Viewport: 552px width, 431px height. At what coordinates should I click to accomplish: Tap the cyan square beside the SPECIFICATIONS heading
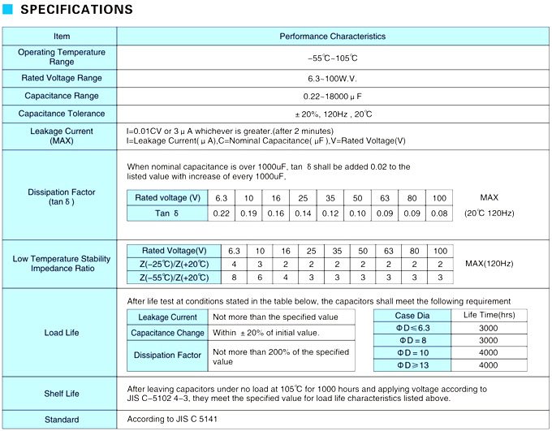pos(8,11)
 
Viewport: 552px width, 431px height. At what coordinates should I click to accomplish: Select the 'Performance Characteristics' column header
pos(333,37)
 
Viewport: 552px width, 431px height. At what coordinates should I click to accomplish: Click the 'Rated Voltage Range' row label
pos(62,78)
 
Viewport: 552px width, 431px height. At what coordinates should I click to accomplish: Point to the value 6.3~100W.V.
pos(333,78)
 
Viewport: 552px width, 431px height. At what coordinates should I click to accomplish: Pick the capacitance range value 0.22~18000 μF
pos(333,96)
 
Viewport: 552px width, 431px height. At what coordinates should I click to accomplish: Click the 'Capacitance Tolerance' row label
pos(62,114)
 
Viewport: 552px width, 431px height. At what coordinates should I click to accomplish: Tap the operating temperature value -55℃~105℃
pos(333,58)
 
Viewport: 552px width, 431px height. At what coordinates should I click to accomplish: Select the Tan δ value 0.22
pos(221,213)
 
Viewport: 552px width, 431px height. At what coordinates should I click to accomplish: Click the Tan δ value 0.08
pos(439,213)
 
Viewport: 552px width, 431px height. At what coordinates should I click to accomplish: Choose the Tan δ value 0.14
pos(303,213)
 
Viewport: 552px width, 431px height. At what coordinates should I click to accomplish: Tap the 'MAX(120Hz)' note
pos(489,264)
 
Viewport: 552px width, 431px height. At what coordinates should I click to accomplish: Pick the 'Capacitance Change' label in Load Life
pos(168,333)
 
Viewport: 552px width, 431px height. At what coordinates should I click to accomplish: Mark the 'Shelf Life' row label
pos(62,394)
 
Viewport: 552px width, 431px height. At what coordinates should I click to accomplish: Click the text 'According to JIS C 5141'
pos(173,420)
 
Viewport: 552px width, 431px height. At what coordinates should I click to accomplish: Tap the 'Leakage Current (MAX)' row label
pos(62,136)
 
